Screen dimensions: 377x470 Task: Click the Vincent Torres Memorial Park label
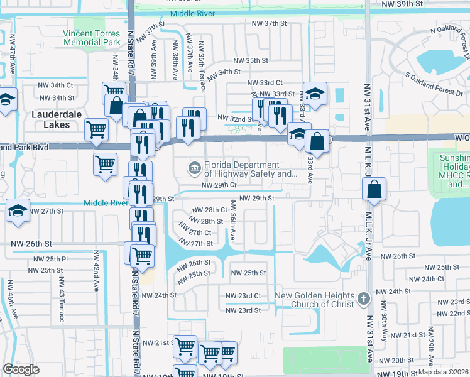tap(92, 38)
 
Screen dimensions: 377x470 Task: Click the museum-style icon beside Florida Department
tap(194, 167)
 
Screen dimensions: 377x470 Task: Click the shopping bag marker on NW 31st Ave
tap(374, 189)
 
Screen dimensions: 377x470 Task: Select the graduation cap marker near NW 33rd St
tap(315, 94)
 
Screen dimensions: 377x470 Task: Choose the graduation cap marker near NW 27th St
tap(18, 211)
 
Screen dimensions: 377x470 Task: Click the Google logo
tap(21, 369)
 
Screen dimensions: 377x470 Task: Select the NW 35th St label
tap(251, 61)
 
